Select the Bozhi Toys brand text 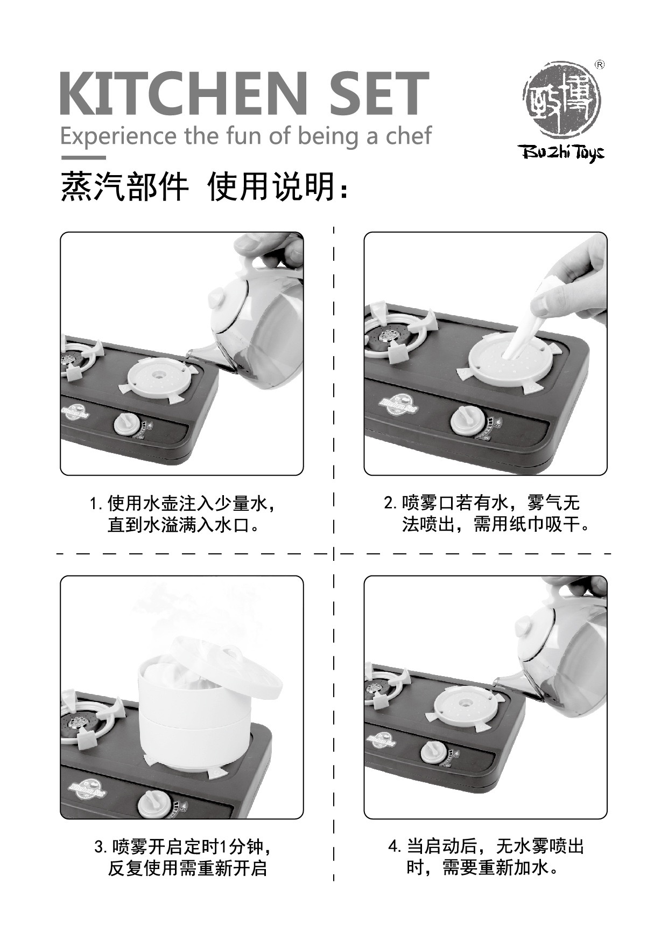[561, 153]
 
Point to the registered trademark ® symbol [599, 65]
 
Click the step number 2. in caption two [390, 504]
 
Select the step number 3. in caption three [101, 847]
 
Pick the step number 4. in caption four [395, 846]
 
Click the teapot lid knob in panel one [216, 296]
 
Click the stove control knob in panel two [465, 420]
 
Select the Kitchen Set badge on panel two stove [399, 405]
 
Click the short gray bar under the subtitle [83, 158]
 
